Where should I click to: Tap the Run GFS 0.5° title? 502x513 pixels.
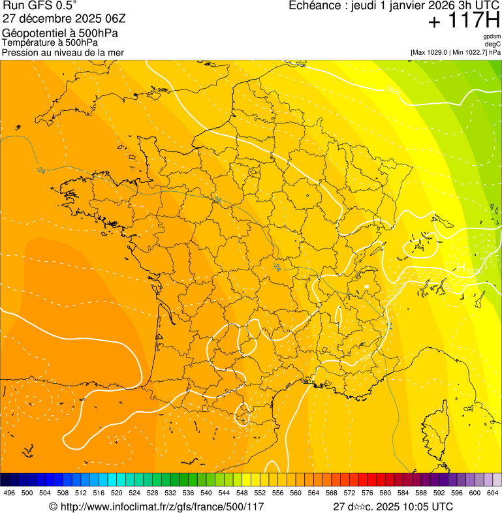coord(40,6)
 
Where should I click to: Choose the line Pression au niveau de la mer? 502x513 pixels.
coord(63,52)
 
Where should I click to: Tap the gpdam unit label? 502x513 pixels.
coord(492,37)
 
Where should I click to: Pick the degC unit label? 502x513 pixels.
coord(493,44)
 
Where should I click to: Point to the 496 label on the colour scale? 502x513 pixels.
coord(9,493)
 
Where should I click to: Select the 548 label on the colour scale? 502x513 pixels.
coord(242,493)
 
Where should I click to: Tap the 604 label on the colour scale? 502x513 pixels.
coord(493,493)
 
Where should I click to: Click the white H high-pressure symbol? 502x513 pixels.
coord(461,266)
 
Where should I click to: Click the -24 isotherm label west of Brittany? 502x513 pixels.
coord(41,170)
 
